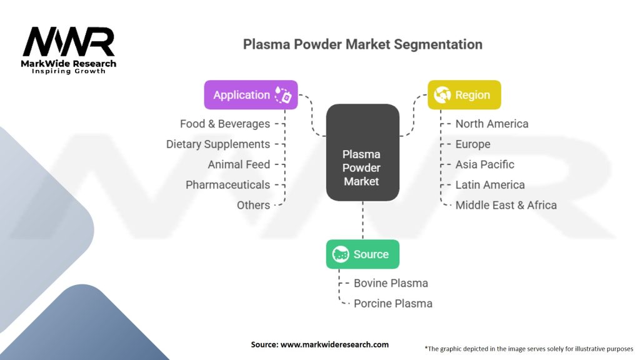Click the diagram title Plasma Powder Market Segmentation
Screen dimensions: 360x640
(362, 44)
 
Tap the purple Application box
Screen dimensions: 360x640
(251, 95)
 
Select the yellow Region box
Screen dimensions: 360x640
(464, 95)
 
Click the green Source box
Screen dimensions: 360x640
(362, 254)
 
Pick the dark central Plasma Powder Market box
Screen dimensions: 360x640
(362, 167)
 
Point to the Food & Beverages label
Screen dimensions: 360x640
(225, 124)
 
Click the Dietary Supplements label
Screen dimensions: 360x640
(218, 144)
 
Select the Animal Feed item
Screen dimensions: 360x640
(239, 164)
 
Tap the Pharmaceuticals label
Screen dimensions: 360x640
(227, 185)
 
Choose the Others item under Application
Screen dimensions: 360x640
(253, 205)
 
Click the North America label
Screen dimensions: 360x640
(492, 124)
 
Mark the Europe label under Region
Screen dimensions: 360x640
(472, 144)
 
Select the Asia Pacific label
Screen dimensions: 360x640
(485, 164)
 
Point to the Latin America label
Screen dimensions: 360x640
(490, 185)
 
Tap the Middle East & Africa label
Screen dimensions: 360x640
(506, 205)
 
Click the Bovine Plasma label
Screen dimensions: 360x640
(391, 283)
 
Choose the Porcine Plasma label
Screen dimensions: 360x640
(392, 303)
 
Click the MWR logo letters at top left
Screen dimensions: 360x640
(69, 42)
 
